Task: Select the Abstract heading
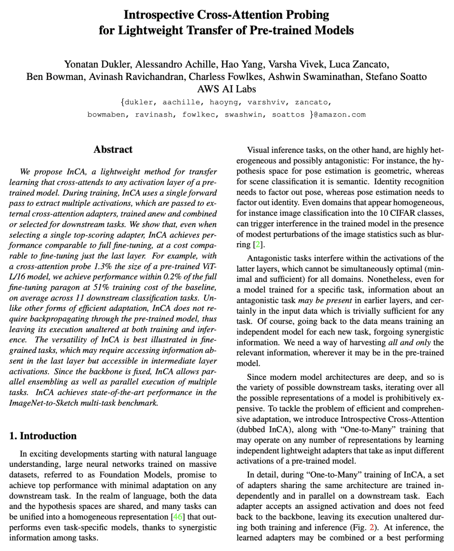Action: click(113, 149)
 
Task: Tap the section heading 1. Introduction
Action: click(43, 436)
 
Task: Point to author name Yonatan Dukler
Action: click(98, 64)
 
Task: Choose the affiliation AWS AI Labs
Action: click(227, 89)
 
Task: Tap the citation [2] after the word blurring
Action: click(258, 245)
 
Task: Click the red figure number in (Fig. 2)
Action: click(371, 527)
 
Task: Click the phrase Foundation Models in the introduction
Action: click(139, 475)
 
